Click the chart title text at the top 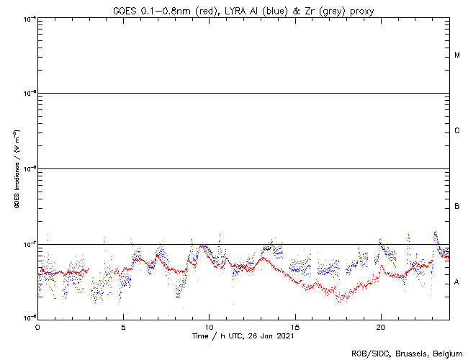[243, 10]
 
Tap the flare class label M [457, 55]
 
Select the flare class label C [457, 131]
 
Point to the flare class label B [457, 207]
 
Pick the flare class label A [457, 282]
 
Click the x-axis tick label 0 [37, 326]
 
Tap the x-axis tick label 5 [123, 326]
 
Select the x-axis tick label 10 [209, 326]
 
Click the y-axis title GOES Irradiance [16, 168]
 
